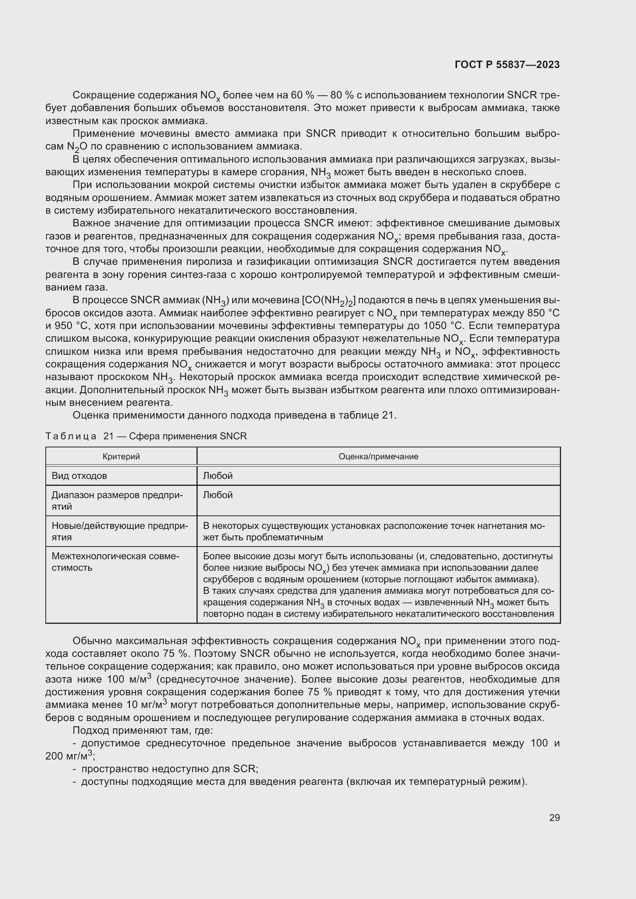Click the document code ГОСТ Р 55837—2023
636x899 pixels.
pos(507,65)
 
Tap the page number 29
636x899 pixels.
pos(554,818)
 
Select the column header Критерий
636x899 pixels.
pos(121,457)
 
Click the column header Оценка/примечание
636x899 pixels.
pos(378,457)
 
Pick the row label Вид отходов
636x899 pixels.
pos(79,476)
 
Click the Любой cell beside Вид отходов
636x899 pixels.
pos(218,476)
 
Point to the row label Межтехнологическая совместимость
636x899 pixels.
pos(115,562)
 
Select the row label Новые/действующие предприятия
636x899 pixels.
pos(120,531)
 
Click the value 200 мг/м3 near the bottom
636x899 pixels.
pos(70,756)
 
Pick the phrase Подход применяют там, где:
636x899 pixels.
pos(143,730)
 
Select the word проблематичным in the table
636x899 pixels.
pos(285,537)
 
